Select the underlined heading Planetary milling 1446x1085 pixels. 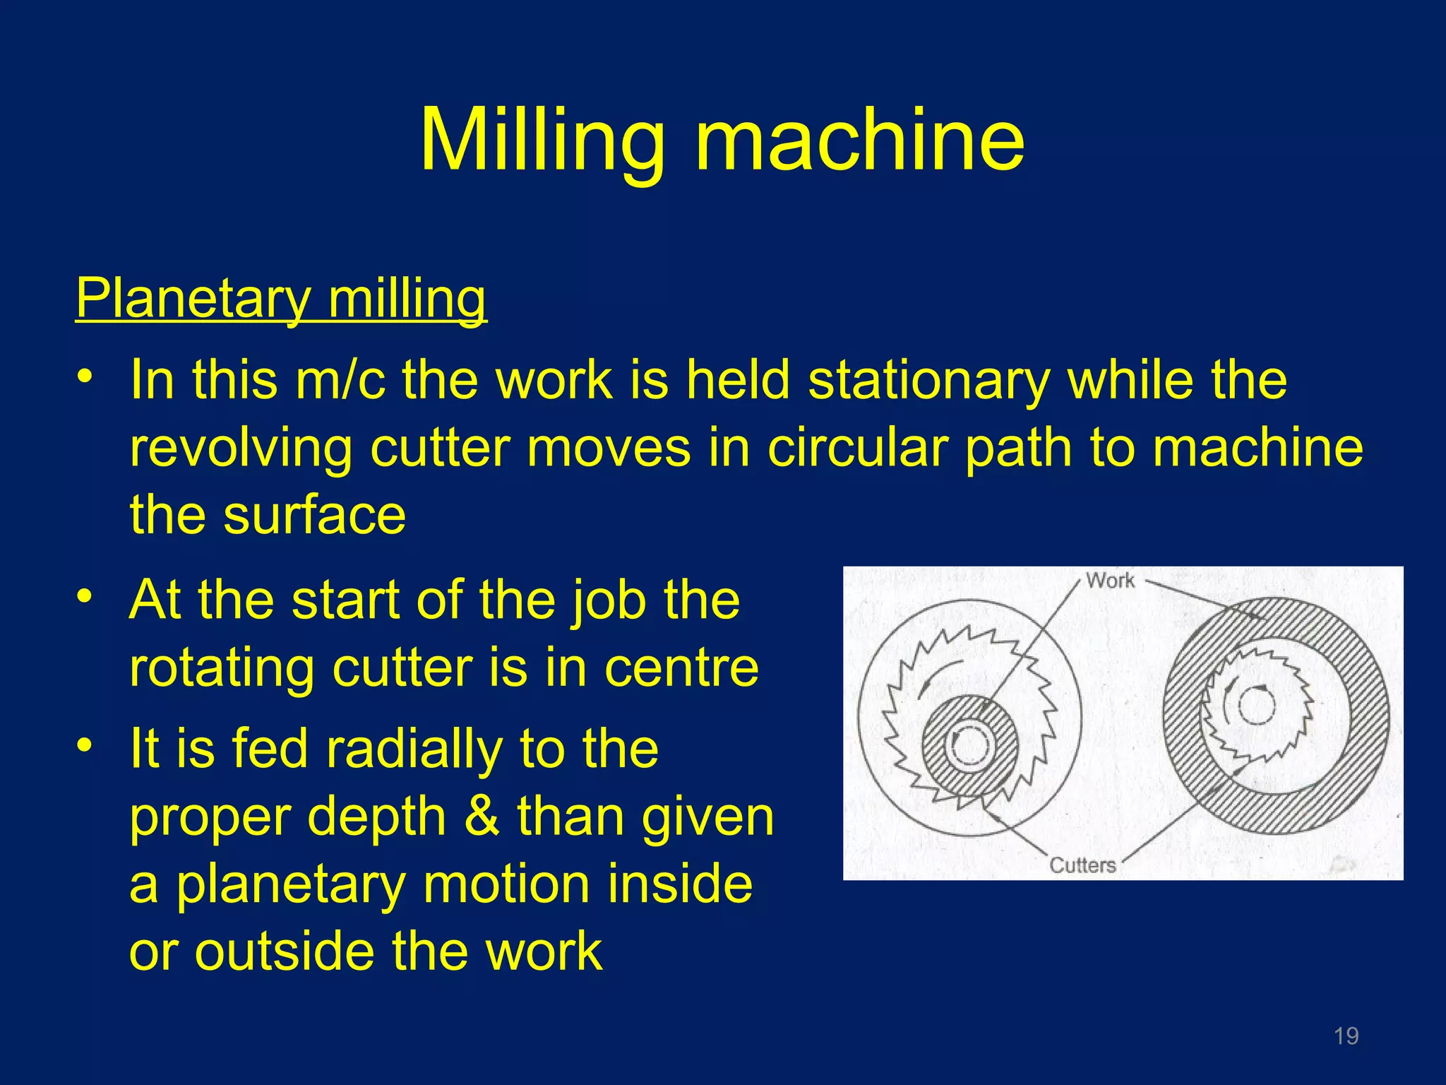281,299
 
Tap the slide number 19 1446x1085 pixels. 1346,1036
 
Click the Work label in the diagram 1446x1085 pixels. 1109,581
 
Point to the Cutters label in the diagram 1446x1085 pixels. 1082,865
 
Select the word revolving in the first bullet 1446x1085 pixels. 241,448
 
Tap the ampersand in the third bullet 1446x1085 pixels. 482,817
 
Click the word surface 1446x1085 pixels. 314,514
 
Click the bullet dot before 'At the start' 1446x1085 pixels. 85,596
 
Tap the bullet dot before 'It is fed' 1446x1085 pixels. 85,745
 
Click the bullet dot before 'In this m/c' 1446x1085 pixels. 85,376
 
